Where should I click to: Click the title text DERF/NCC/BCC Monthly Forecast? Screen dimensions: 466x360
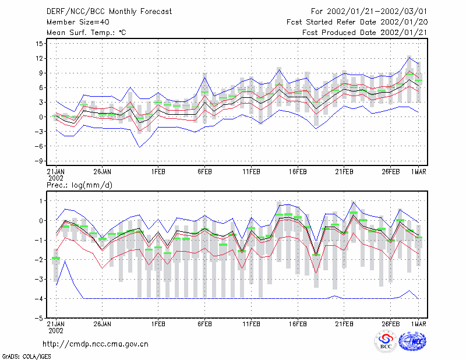point(109,12)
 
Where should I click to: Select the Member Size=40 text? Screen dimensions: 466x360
point(78,22)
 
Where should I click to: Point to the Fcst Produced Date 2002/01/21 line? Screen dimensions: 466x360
point(365,33)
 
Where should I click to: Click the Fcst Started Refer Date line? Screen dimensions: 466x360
point(357,22)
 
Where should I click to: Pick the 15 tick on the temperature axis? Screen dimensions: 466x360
point(40,44)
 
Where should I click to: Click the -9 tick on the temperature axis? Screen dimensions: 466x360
point(38,161)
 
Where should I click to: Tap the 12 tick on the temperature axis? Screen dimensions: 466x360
point(40,58)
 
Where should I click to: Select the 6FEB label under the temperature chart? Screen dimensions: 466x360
point(205,172)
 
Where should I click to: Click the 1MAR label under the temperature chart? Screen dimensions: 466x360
point(419,172)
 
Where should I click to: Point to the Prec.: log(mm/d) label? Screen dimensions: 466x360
point(79,185)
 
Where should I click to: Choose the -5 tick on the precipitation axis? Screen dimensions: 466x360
point(38,318)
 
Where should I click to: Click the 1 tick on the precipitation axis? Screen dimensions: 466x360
point(41,201)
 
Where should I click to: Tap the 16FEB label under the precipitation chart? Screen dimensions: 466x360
point(298,324)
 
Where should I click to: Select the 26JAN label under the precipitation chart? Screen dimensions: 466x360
point(103,324)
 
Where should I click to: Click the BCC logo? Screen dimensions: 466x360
point(386,342)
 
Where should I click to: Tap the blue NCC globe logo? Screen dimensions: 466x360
point(413,341)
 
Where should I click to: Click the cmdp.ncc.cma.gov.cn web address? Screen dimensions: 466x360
point(96,344)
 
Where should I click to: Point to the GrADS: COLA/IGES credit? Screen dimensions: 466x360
point(27,357)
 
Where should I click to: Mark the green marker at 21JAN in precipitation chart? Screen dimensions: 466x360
point(56,258)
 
